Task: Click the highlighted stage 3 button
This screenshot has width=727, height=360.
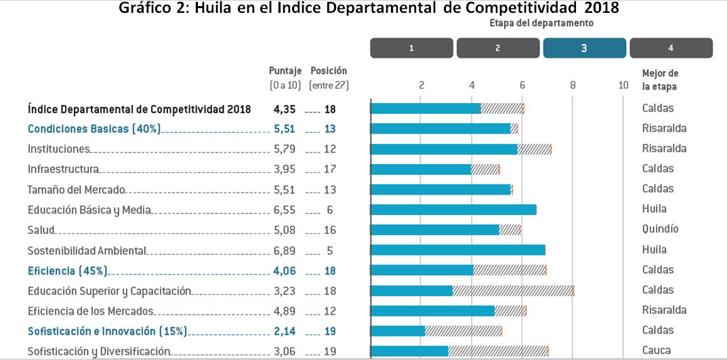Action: coord(584,48)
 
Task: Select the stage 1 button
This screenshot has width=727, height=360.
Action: coord(411,48)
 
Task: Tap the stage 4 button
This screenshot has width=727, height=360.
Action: coord(671,48)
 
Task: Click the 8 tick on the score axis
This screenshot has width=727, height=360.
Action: coord(573,85)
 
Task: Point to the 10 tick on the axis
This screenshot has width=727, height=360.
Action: coord(623,85)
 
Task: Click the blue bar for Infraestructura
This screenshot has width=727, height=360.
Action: coord(421,169)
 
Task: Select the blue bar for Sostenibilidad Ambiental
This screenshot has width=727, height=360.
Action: coord(458,249)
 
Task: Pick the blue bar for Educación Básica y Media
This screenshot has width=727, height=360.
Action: coord(453,209)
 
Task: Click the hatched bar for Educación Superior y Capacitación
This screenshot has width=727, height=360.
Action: coord(513,290)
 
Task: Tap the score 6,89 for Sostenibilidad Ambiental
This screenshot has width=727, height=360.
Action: coord(285,250)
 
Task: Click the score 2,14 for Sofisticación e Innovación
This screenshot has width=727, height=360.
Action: coord(285,331)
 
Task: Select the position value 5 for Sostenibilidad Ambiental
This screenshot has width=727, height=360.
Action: coord(330,250)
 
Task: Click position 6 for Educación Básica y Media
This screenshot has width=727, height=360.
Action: coord(330,209)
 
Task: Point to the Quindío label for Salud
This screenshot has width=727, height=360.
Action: coord(660,229)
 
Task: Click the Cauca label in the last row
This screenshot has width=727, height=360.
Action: coord(657,351)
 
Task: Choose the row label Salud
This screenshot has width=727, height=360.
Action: coord(41,230)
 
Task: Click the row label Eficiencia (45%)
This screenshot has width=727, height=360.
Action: coord(67,270)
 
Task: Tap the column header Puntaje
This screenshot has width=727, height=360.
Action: coord(285,71)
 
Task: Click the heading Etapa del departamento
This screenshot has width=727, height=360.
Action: coord(541,23)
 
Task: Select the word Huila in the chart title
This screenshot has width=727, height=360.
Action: coord(214,9)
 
